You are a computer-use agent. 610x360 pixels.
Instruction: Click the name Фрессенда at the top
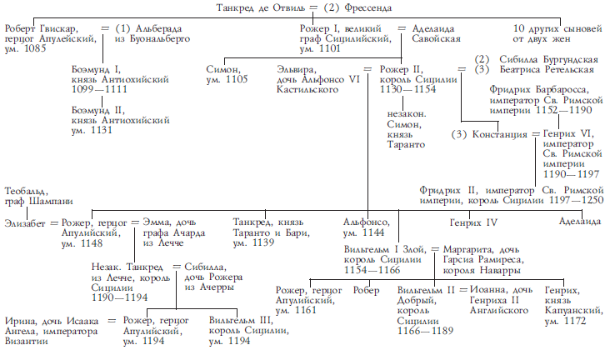coord(368,7)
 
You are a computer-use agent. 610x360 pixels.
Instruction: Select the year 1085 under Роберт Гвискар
coord(35,48)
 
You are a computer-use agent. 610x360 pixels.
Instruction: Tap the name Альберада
coord(158,29)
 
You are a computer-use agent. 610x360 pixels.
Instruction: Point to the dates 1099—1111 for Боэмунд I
coord(99,89)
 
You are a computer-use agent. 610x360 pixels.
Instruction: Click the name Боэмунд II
coord(98,110)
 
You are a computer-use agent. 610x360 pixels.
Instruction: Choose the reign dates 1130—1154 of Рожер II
coord(408,89)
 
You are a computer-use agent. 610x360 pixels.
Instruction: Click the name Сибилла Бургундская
coord(548,59)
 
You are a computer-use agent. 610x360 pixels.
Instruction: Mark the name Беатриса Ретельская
coord(547,70)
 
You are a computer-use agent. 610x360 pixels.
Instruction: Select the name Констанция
coord(499,135)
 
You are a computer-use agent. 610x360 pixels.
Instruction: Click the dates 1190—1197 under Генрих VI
coord(571,174)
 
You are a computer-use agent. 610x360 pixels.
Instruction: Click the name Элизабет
coord(25,223)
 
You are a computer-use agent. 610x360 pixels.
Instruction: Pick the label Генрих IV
coord(473,222)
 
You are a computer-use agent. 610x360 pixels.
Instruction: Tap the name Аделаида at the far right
coord(580,222)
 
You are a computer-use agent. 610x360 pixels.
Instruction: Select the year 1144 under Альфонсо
coord(373,232)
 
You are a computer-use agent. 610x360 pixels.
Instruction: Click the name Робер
coord(366,291)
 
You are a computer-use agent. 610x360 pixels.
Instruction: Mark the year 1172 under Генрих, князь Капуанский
coord(575,321)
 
